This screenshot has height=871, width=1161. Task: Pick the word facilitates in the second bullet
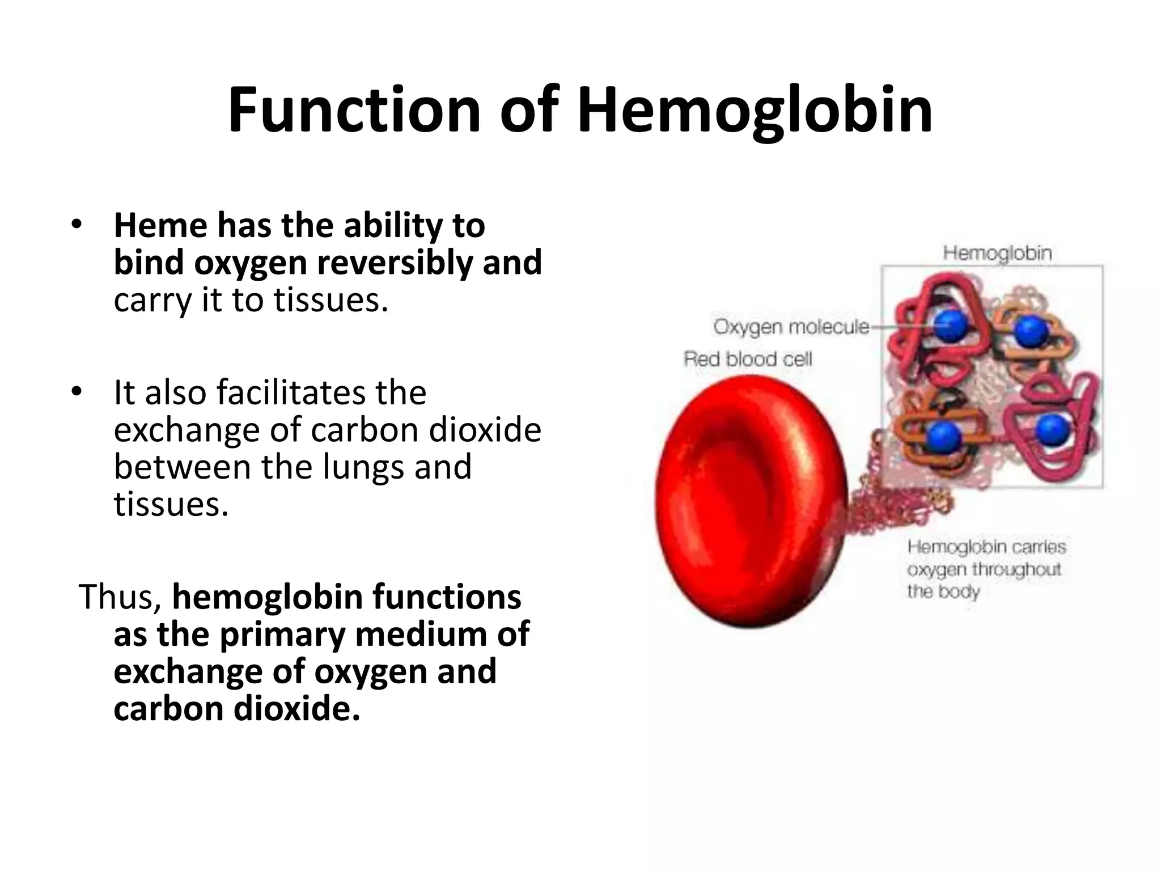coord(291,392)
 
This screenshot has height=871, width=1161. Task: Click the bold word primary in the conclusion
coord(282,634)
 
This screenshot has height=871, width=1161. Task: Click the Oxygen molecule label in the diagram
coord(791,327)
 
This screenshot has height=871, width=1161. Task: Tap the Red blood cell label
coord(748,359)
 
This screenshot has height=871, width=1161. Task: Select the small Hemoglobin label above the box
coord(997,253)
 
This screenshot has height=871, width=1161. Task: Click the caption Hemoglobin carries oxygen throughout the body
coord(986,569)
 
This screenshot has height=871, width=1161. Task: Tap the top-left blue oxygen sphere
coord(950,326)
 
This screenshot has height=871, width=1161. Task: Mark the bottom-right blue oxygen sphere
coord(1053,429)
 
